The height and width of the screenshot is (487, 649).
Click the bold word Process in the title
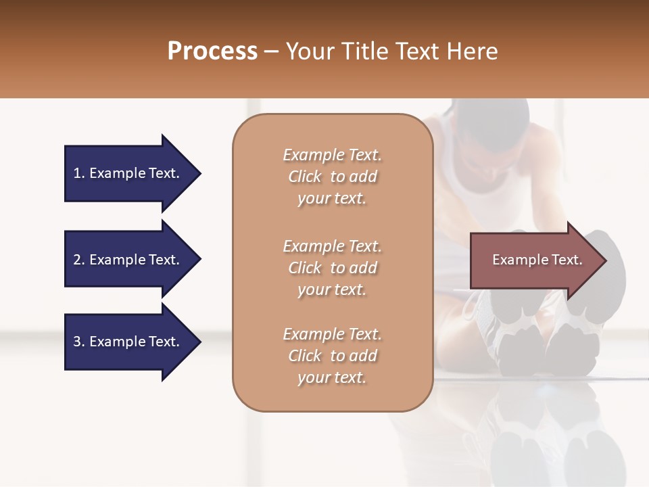pyautogui.click(x=212, y=51)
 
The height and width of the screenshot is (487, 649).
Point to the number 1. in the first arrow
pyautogui.click(x=79, y=173)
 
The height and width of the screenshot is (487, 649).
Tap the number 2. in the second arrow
pyautogui.click(x=79, y=260)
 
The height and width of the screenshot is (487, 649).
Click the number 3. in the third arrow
pyautogui.click(x=79, y=342)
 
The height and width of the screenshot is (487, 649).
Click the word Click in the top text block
pyautogui.click(x=305, y=177)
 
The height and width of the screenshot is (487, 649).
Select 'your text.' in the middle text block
pyautogui.click(x=332, y=289)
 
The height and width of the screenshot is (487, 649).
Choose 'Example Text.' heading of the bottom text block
pyautogui.click(x=332, y=334)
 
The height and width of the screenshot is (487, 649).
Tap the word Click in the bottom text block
pyautogui.click(x=305, y=356)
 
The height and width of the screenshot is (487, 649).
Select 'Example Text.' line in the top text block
pyautogui.click(x=332, y=155)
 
